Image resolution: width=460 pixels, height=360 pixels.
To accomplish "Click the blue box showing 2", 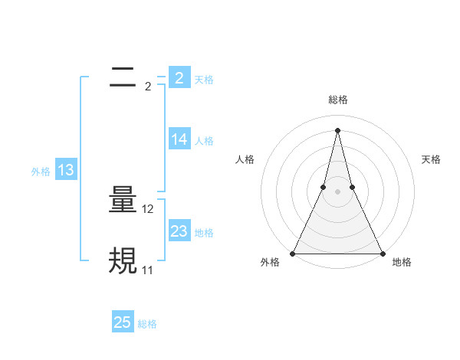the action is click(179, 78).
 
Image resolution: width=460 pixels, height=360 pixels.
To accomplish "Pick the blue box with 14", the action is click(179, 139).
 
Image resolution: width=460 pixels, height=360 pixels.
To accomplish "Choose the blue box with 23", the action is click(179, 231).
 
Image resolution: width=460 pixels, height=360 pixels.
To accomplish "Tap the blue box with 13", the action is click(65, 170).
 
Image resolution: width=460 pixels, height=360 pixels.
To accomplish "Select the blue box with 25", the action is click(123, 322).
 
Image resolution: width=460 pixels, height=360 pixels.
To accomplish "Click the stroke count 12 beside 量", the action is click(148, 209).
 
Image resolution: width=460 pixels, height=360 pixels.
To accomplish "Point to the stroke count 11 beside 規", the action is click(147, 270).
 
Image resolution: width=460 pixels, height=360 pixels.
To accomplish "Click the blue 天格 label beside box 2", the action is click(204, 80).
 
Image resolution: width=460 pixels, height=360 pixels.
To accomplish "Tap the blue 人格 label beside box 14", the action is click(204, 141).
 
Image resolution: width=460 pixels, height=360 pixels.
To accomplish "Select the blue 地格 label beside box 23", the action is click(204, 233).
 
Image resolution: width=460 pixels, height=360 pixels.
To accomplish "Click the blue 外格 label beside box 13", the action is click(41, 172).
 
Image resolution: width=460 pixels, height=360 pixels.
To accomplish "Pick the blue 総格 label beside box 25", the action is click(147, 324).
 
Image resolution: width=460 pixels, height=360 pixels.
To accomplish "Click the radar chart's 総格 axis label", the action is click(337, 100).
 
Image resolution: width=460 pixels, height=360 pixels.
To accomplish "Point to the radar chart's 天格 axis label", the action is click(431, 159).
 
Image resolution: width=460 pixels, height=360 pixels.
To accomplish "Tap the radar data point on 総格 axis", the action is click(337, 129).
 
